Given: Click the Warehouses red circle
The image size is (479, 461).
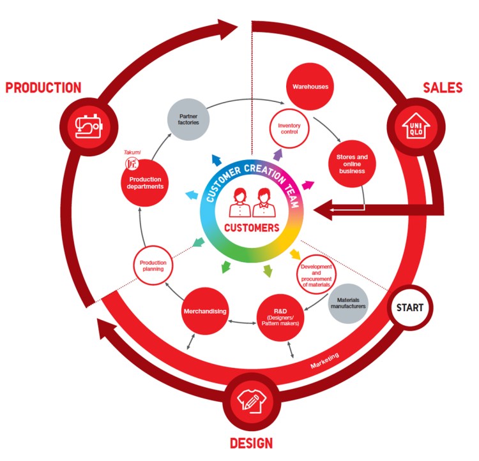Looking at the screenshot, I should [x=310, y=85].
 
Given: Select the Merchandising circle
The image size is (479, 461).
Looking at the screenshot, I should [x=206, y=311].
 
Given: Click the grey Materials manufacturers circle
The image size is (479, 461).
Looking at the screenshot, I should [x=348, y=302].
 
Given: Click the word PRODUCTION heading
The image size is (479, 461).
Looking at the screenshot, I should [x=43, y=88].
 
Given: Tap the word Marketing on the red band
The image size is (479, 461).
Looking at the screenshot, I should [x=325, y=362].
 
